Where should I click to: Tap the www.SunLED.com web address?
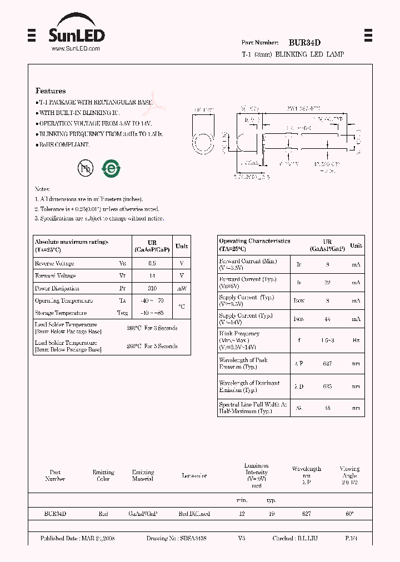[x=76, y=49]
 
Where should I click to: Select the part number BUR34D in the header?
[x=304, y=42]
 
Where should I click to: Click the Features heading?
[x=51, y=91]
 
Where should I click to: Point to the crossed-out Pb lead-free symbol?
[x=85, y=169]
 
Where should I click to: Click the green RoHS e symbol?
[x=111, y=169]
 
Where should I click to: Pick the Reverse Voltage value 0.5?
[x=152, y=263]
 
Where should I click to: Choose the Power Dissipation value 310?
[x=152, y=288]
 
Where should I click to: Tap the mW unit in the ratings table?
[x=182, y=288]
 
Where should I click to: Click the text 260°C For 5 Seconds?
[x=152, y=346]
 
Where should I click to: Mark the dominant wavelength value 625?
[x=327, y=386]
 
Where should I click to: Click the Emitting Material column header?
[x=143, y=475]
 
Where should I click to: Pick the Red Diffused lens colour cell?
[x=194, y=514]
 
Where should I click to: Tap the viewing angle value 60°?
[x=349, y=514]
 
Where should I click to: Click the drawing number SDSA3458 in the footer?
[x=185, y=539]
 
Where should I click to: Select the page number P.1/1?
[x=351, y=539]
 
